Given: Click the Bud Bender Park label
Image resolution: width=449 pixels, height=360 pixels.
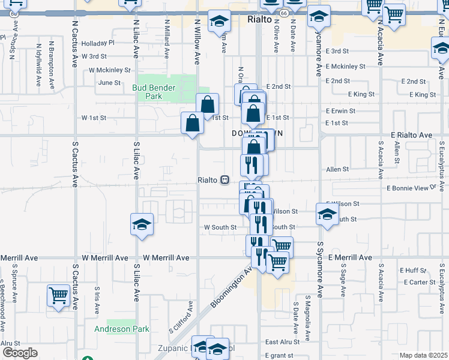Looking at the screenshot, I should tap(154, 92).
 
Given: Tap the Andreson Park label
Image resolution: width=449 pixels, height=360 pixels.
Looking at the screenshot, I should tap(121, 329).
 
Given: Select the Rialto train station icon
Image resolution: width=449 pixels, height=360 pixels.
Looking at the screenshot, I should tap(224, 179).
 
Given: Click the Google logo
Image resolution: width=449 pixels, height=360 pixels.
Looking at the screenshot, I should tap(19, 353).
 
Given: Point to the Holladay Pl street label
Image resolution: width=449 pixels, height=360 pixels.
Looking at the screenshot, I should tap(98, 43).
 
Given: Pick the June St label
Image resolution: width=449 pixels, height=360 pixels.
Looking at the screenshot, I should tap(109, 83).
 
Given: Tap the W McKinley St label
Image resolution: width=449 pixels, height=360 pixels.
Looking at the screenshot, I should tap(109, 70).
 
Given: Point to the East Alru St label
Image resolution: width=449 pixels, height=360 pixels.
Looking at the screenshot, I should tap(282, 342).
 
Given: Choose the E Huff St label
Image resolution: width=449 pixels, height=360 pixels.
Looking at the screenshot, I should tap(413, 270).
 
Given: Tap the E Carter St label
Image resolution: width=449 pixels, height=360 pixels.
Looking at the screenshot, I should tap(420, 282).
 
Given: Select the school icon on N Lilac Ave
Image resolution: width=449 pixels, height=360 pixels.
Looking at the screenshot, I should tap(142, 224).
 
